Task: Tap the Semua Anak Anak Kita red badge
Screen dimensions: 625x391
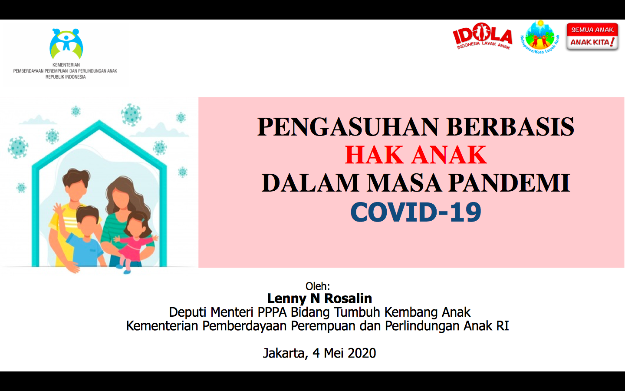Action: click(592, 36)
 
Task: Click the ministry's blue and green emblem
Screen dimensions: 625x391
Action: click(66, 43)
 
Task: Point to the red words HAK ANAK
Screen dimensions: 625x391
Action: click(416, 155)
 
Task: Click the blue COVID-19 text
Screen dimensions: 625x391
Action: click(416, 212)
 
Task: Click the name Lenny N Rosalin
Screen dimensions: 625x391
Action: click(319, 298)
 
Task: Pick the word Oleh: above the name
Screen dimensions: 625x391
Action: click(318, 286)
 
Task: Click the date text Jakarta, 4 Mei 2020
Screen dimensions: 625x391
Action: click(319, 353)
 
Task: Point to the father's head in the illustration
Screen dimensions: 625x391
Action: click(76, 184)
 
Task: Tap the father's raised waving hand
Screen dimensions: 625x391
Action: click(59, 210)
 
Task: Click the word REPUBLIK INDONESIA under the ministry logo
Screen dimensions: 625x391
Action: click(66, 77)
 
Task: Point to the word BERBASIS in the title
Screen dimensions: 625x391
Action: click(510, 127)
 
